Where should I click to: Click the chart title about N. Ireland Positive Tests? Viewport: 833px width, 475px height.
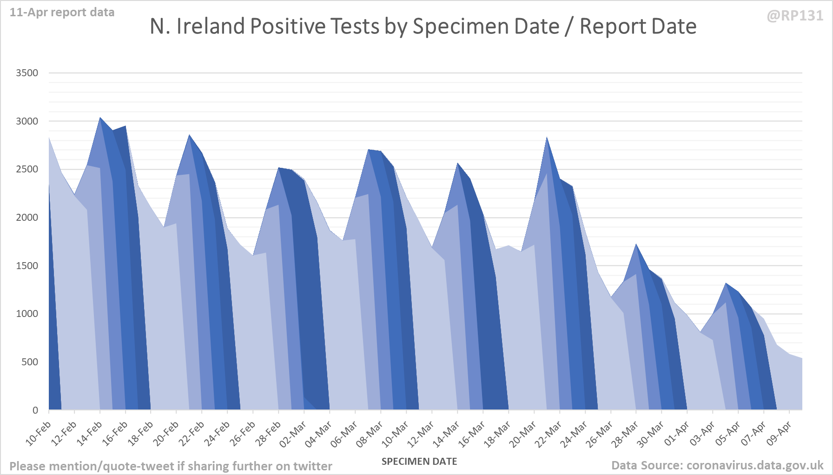423,26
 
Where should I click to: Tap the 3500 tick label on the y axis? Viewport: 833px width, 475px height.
27,73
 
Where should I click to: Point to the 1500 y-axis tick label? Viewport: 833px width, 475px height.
27,266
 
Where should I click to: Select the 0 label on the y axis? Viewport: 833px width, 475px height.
35,410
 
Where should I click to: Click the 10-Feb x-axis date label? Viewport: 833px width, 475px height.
39,433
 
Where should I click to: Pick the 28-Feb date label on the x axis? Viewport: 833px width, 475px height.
268,433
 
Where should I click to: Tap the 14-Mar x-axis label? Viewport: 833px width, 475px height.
447,433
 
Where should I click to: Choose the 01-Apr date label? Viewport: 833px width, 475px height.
676,433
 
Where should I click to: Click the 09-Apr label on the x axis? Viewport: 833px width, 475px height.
779,433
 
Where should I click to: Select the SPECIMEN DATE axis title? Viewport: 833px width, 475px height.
419,462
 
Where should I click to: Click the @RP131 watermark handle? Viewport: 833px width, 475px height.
795,16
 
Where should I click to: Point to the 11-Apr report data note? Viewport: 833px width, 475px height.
62,13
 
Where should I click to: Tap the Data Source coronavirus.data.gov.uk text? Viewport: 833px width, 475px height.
717,465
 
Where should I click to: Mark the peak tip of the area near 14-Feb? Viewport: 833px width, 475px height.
100,118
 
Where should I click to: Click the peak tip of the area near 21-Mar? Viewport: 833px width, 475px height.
547,137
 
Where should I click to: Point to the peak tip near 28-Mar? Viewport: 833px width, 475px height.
636,244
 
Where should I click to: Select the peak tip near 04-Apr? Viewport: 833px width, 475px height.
726,283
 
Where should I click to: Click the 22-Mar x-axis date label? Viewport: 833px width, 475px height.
549,433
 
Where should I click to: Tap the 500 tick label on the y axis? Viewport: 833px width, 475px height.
30,362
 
